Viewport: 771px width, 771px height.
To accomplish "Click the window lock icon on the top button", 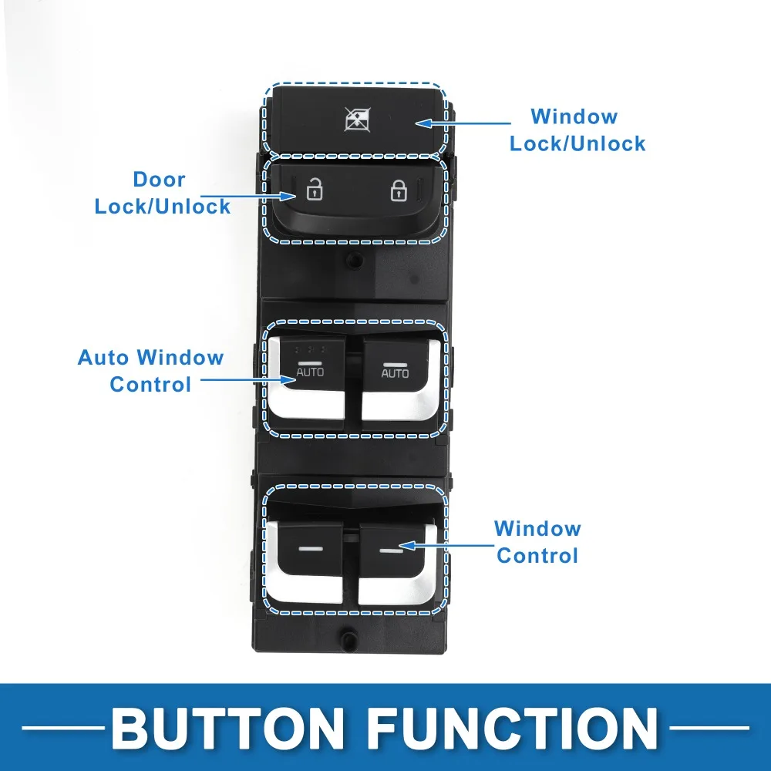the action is (x=358, y=120).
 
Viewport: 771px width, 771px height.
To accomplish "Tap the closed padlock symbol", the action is (x=399, y=190).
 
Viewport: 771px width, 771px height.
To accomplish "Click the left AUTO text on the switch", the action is (x=310, y=372).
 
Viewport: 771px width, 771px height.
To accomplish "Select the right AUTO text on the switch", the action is (x=395, y=373).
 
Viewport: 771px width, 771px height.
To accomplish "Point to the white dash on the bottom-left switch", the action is (x=311, y=549).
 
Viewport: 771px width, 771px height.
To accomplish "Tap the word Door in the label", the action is (x=160, y=180).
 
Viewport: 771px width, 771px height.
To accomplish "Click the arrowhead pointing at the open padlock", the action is (x=288, y=196).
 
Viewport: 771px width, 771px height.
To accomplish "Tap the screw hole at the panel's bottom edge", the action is (x=349, y=639).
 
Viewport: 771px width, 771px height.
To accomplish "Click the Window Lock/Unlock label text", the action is (x=577, y=130).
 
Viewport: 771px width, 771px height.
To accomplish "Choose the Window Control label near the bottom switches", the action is (x=537, y=542).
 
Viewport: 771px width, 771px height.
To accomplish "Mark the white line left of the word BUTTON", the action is (x=63, y=729).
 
